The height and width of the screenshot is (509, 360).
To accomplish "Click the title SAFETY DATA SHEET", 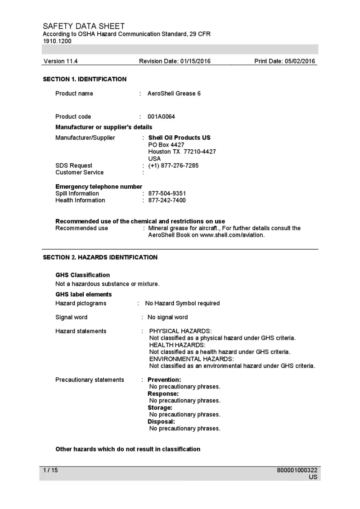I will point(84,26).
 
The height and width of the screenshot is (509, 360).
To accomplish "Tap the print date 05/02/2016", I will point(300,61).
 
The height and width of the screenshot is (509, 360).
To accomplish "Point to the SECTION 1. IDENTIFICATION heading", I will point(85,79).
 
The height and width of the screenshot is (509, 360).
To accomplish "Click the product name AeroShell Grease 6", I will point(174,94).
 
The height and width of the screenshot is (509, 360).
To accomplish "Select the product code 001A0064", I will point(162,117).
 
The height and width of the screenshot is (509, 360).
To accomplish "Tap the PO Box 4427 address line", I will point(166,145).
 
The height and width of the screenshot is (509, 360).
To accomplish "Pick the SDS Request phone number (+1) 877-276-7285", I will point(173,165).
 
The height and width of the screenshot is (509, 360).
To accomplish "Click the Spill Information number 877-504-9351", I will point(167,193).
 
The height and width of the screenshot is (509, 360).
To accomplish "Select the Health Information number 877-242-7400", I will point(167,200).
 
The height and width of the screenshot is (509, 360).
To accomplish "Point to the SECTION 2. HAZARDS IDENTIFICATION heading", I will point(100,258).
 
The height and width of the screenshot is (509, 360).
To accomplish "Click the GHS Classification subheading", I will point(82,275).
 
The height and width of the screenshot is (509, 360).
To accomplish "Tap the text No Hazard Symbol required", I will point(182,304).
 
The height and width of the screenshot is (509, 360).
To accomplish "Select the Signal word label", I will point(71,317).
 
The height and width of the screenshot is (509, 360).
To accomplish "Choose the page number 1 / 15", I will point(50,470).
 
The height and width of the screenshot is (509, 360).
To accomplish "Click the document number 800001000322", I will point(297,470).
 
